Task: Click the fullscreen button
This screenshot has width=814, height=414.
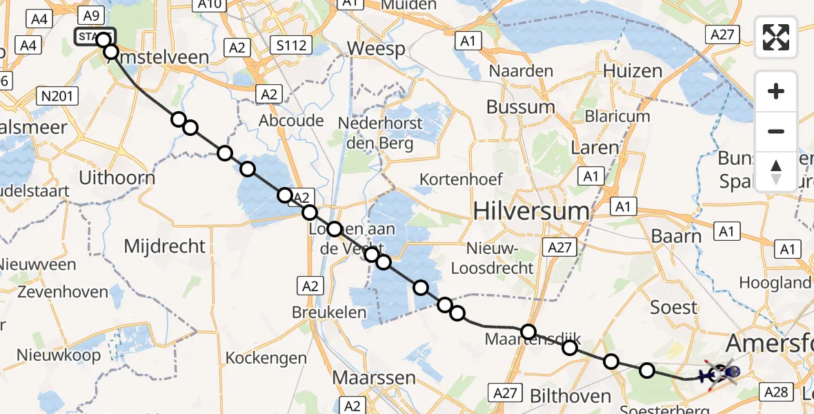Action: click(776, 37)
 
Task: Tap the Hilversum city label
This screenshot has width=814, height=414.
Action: click(532, 211)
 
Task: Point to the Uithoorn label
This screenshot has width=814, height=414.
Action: click(117, 177)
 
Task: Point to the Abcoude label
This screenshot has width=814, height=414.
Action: click(292, 121)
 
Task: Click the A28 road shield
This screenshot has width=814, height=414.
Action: click(776, 393)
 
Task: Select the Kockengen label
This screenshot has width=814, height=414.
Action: click(266, 358)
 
